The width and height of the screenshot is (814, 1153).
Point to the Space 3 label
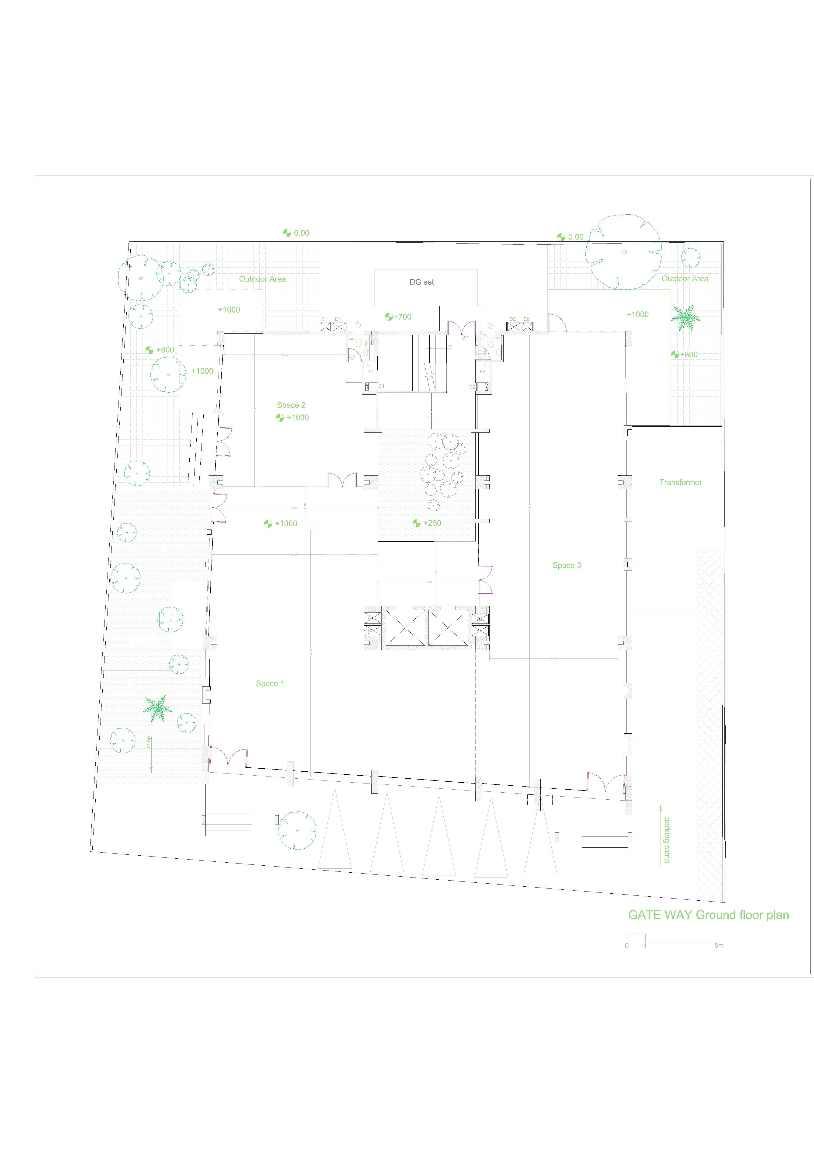567,565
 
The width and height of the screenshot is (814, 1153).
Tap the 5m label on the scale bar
719,946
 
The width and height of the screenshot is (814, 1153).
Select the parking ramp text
666,840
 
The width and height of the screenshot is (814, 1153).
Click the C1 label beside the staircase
381,386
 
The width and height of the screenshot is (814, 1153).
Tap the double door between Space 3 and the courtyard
485,580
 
